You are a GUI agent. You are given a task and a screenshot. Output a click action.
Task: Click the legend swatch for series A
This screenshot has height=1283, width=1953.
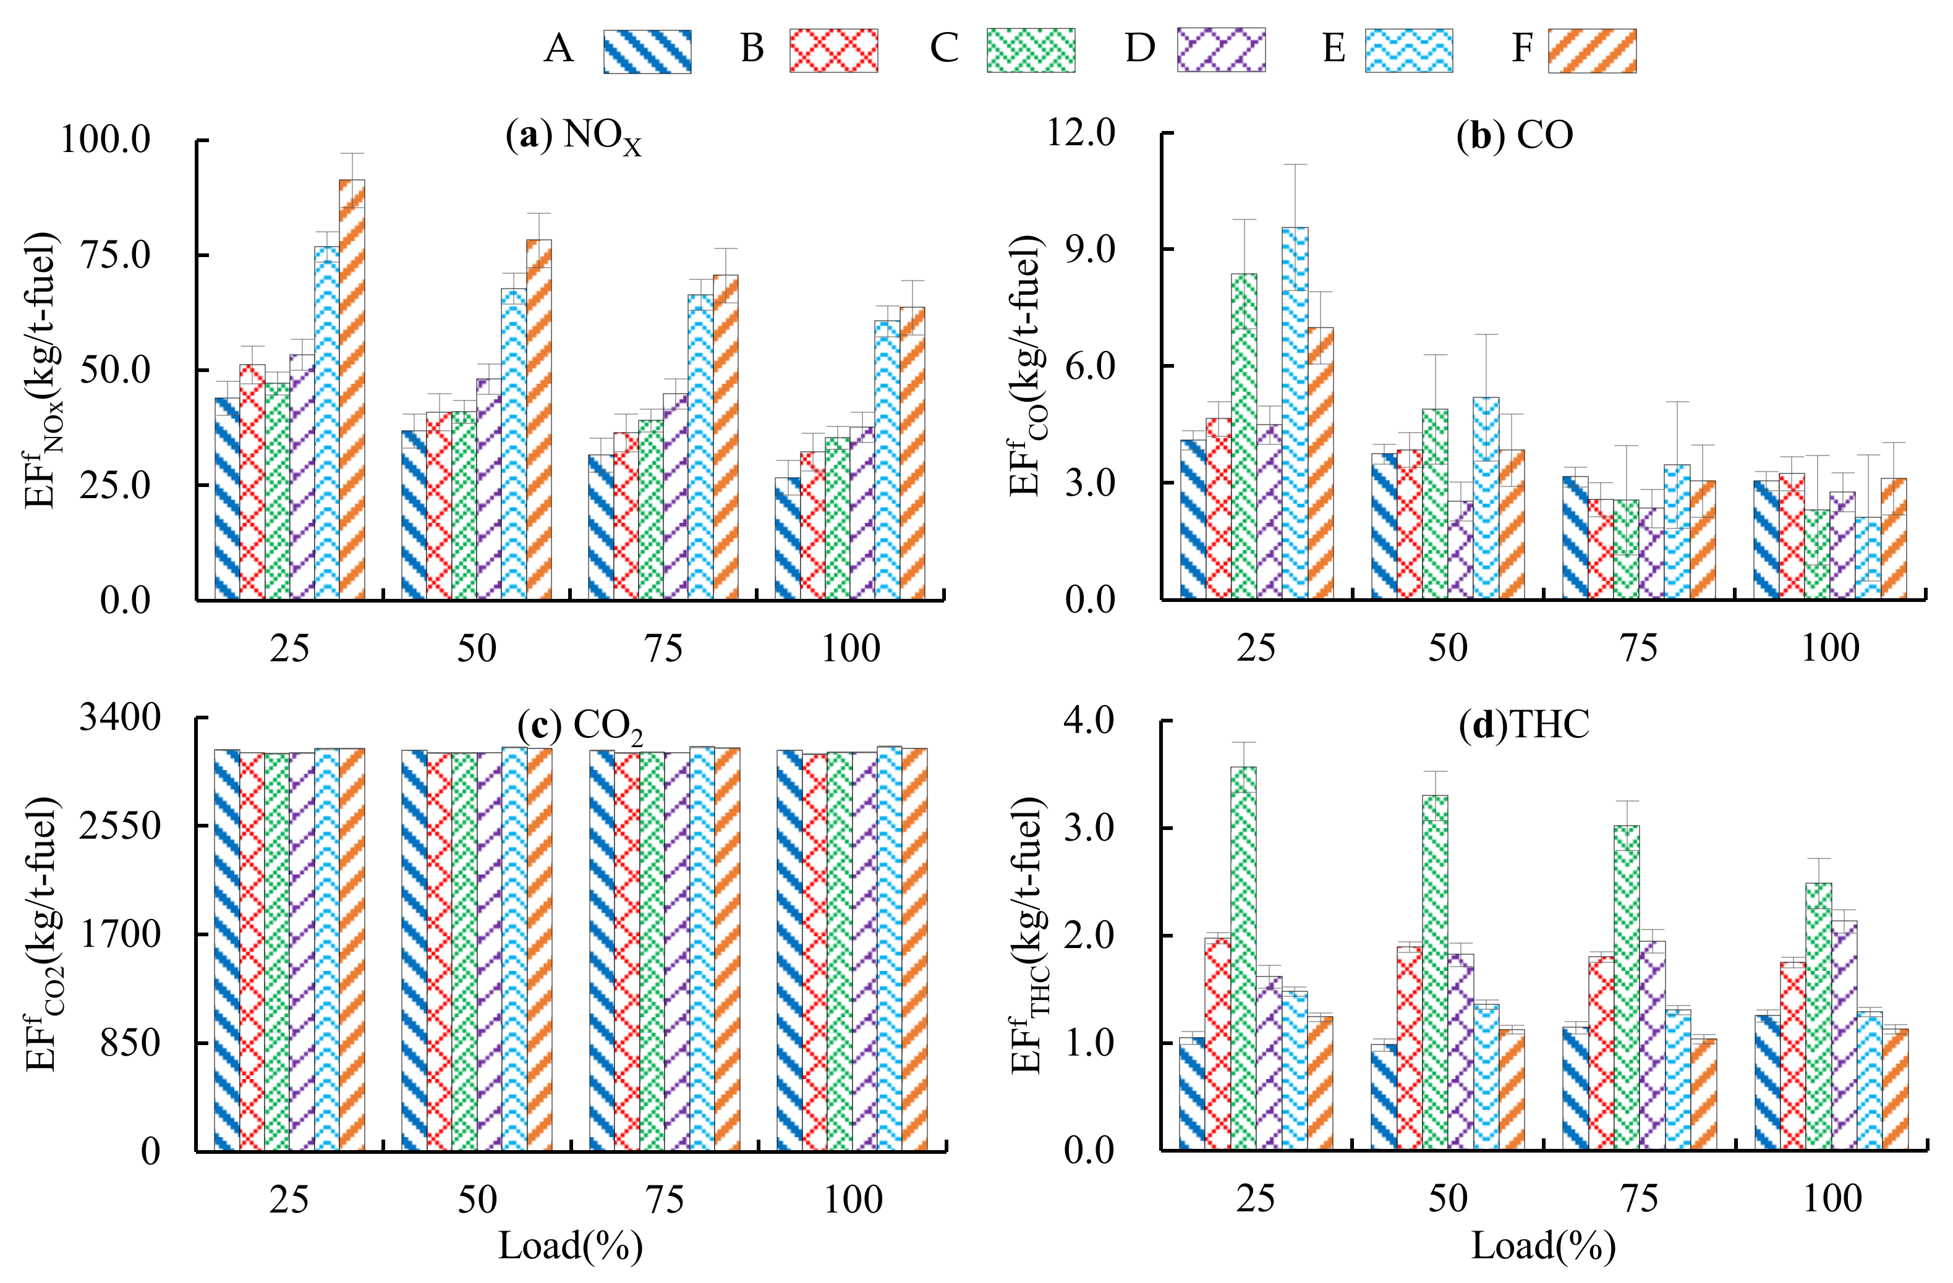(647, 51)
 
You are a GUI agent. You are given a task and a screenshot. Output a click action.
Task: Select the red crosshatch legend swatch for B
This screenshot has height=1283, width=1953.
(834, 51)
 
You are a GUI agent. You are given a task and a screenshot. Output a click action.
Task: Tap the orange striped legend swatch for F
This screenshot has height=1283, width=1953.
(1592, 51)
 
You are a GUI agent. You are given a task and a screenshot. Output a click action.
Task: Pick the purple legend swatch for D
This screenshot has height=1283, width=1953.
(1221, 50)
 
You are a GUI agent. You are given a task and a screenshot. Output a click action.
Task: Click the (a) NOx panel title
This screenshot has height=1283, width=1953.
(574, 136)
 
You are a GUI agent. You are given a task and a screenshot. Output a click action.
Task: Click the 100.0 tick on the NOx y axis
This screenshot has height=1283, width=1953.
(106, 140)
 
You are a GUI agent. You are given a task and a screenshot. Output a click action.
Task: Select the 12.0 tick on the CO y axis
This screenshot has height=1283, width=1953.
(1081, 132)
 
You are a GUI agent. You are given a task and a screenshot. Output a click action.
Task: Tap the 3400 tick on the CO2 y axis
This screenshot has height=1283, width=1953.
(120, 717)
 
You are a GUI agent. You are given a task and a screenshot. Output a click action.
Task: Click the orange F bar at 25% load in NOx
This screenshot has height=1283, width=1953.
(352, 389)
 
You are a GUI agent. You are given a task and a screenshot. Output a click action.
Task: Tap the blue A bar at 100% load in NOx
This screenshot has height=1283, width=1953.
(788, 539)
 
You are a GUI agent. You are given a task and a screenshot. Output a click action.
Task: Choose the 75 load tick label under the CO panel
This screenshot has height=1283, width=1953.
(1639, 648)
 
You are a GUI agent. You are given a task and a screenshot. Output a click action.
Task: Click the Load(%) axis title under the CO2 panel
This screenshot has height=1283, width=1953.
(570, 1246)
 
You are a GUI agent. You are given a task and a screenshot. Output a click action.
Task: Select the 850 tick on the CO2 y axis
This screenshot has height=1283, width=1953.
(130, 1043)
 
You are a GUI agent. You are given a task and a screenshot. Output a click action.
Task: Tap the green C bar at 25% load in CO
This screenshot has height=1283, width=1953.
(1244, 437)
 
